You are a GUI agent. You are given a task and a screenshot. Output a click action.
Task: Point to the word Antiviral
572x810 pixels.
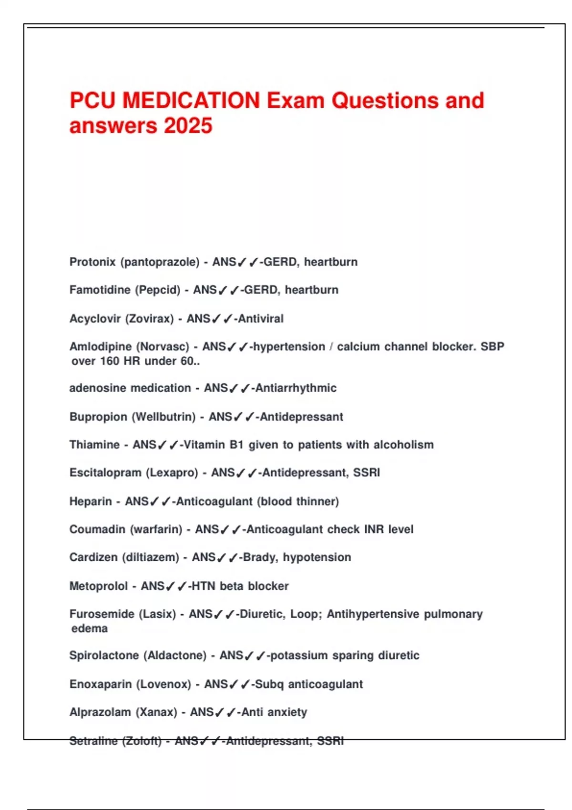point(261,319)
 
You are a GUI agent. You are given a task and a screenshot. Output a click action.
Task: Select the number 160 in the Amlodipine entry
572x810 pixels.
point(110,361)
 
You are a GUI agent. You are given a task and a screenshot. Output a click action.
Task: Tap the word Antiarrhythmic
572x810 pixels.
point(296,388)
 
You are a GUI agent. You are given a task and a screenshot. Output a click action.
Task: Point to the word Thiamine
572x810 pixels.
point(94,445)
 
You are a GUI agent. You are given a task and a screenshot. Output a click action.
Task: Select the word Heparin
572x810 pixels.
point(91,502)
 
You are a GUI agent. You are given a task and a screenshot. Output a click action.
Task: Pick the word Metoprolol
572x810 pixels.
point(99,586)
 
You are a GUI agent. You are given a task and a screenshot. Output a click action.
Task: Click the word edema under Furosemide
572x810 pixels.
point(90,628)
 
